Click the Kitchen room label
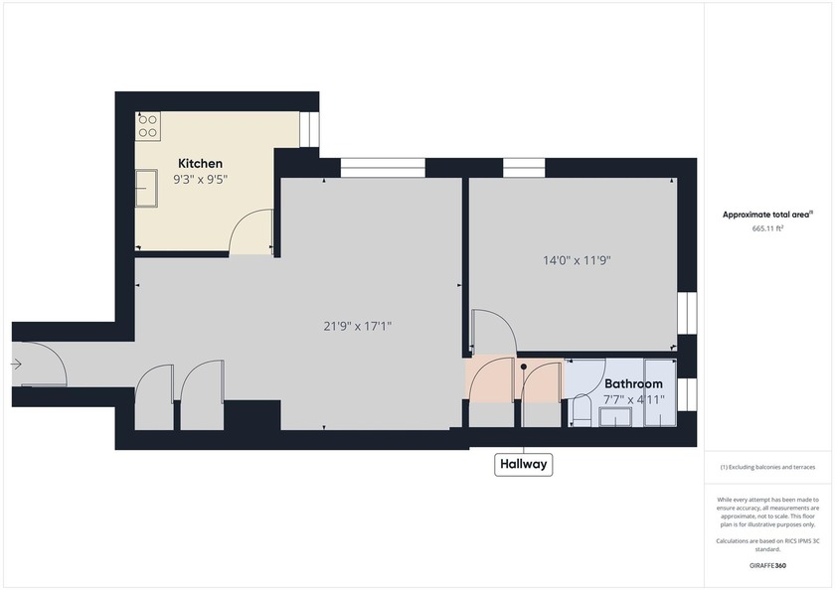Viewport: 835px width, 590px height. pos(200,163)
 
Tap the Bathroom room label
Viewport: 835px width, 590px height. pos(633,383)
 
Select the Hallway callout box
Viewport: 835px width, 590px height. pos(524,465)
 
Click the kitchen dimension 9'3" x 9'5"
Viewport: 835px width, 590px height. pos(200,180)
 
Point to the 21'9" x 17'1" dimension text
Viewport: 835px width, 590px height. pos(357,326)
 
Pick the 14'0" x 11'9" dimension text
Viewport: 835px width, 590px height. pos(577,260)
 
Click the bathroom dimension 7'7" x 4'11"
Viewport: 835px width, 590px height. pos(634,399)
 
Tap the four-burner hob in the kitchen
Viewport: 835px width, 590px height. pos(148,126)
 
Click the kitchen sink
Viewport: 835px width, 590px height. pos(146,188)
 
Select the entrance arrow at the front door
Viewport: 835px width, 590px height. pos(16,365)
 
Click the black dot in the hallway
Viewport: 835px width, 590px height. pos(524,367)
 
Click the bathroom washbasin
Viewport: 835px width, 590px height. pos(616,417)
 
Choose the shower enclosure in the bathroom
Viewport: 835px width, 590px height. pos(660,392)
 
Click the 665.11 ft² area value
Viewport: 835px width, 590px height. pos(767,228)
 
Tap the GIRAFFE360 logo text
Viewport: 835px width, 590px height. pos(767,565)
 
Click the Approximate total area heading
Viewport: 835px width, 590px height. pos(767,215)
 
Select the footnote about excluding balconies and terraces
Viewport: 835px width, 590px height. pos(767,467)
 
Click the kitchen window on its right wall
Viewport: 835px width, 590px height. pos(309,129)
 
